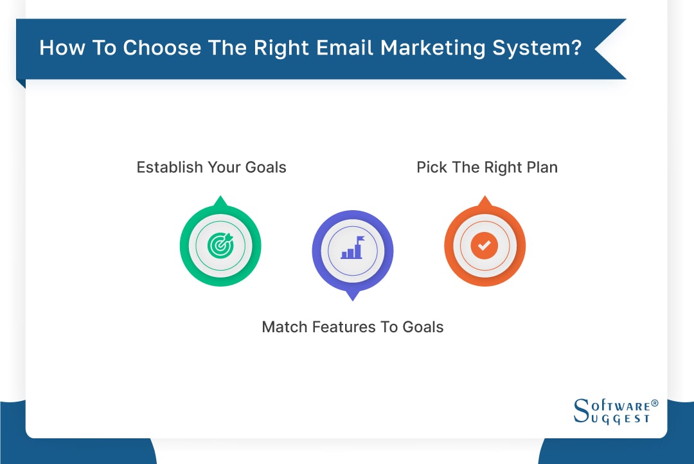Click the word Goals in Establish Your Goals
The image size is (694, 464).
[x=265, y=168]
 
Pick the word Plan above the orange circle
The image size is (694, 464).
[x=540, y=168]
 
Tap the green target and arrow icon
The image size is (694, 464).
[x=220, y=245]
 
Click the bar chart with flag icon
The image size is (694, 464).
[x=352, y=249]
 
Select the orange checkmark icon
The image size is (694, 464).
[x=485, y=245]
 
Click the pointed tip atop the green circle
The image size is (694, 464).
[x=220, y=200]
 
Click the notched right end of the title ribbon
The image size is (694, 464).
[x=610, y=49]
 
